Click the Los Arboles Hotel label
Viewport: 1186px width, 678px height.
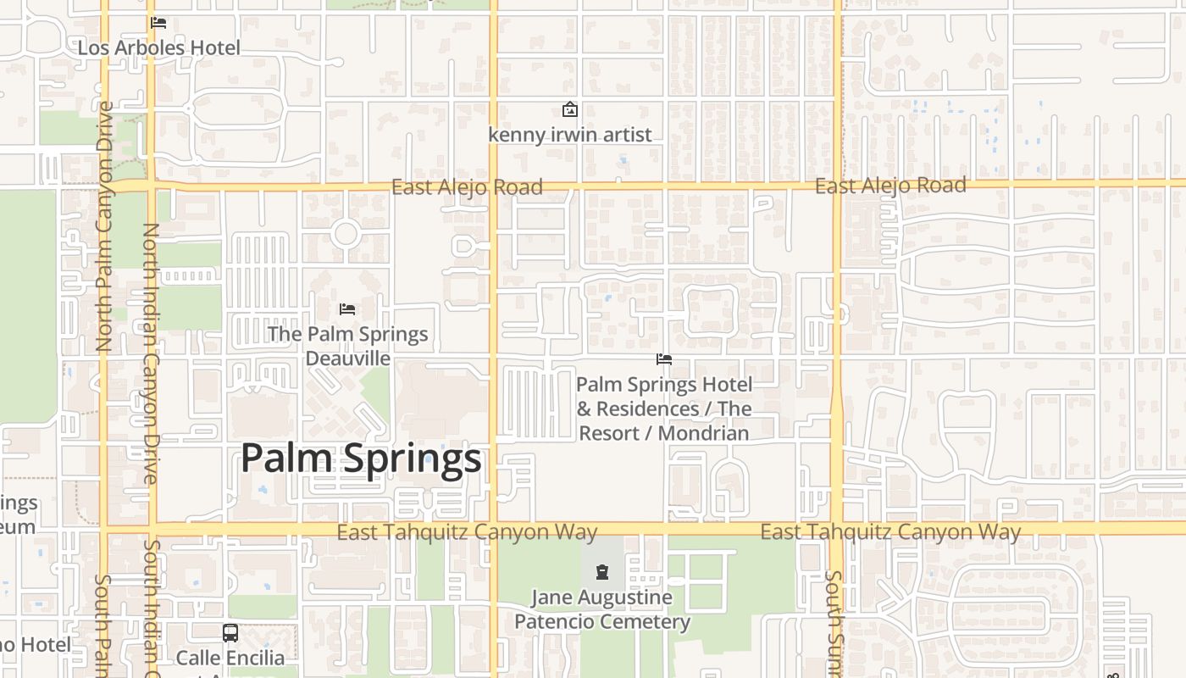pos(159,47)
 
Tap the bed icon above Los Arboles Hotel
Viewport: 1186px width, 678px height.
pos(158,23)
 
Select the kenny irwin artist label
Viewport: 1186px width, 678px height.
pos(570,134)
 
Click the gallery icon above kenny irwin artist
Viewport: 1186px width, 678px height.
pos(570,109)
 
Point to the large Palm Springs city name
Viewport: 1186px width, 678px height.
pos(361,458)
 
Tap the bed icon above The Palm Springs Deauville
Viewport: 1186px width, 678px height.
pos(346,309)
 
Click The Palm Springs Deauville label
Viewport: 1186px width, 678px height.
pos(347,346)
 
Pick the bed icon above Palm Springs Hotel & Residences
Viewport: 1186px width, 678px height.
pos(664,360)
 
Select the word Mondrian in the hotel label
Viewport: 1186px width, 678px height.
pos(703,433)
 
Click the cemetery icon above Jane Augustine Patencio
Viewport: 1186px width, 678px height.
pos(601,572)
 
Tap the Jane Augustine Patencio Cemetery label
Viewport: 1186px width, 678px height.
pos(601,609)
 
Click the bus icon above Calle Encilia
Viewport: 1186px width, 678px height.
pos(230,632)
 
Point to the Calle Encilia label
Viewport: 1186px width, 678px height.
pos(230,658)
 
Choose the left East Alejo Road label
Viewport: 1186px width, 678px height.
pos(467,187)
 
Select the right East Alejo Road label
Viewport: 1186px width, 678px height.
pos(890,186)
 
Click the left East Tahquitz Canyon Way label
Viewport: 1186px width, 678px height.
pos(467,532)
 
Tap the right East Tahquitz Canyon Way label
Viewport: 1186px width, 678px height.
pos(890,532)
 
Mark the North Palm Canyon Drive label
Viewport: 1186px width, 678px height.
pos(105,227)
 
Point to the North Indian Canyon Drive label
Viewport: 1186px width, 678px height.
pos(151,353)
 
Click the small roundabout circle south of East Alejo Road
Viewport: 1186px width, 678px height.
pos(345,233)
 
